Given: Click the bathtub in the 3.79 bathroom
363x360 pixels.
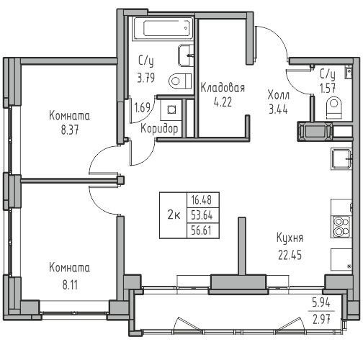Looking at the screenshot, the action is (163, 28).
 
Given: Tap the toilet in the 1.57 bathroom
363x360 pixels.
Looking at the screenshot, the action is (334, 108).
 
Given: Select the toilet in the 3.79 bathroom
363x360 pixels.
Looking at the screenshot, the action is (180, 81).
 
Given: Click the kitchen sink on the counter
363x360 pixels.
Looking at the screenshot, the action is (341, 159).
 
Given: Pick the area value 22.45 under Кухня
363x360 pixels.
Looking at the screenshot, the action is (290, 255).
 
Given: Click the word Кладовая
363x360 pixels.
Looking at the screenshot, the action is (223, 88).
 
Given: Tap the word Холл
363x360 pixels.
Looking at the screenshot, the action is (279, 95).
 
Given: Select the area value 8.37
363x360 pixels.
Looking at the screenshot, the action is (70, 131).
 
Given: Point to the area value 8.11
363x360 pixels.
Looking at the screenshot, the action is (70, 286).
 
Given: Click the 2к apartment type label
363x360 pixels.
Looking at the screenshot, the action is (174, 215).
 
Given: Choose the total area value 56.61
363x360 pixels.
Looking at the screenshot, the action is (201, 230).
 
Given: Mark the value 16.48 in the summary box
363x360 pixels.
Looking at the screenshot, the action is (201, 200).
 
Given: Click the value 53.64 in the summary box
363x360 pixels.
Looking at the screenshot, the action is (202, 215).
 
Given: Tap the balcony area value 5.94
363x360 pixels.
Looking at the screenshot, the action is (321, 303).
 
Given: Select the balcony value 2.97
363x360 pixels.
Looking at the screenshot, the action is (321, 319).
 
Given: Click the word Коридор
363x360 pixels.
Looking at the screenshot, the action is (159, 129).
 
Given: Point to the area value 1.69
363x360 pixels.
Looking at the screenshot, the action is (142, 107).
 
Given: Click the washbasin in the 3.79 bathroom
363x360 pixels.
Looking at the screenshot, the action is (186, 55).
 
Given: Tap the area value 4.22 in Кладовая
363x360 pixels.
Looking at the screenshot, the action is (223, 102).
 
